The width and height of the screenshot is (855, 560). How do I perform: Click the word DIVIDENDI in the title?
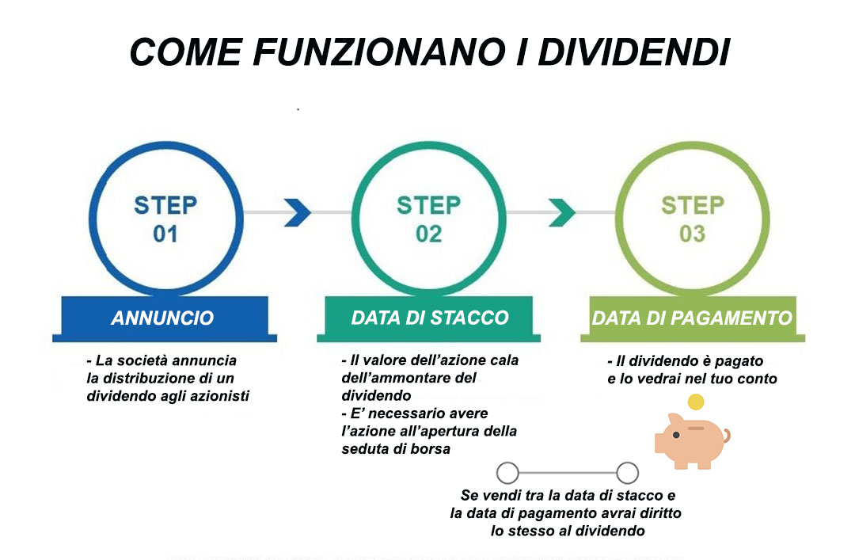[x=633, y=52]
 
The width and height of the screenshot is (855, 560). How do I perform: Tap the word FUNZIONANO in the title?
[x=378, y=52]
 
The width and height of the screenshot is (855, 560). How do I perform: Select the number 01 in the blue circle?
[x=165, y=234]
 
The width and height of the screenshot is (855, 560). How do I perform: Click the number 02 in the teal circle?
[x=428, y=234]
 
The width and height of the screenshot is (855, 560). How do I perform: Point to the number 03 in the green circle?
[x=693, y=234]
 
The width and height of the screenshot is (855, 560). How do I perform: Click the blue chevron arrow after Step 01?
[x=298, y=212]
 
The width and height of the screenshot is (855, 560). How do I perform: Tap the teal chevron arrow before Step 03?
[x=561, y=212]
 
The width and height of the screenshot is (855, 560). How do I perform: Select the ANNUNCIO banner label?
[x=162, y=318]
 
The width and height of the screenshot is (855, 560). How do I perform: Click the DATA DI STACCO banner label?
[x=430, y=318]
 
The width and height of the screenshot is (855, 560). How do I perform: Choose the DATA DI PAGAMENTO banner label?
[x=692, y=318]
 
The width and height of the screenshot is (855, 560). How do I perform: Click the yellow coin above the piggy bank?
[x=696, y=402]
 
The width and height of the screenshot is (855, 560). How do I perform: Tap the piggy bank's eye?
[x=676, y=435]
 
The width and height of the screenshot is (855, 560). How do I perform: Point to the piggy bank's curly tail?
[x=726, y=436]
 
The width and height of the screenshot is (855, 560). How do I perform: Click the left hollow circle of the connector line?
[x=507, y=473]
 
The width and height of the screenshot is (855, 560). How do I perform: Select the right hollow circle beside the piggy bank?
[x=628, y=473]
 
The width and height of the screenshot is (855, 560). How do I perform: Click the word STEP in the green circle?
[x=693, y=205]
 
